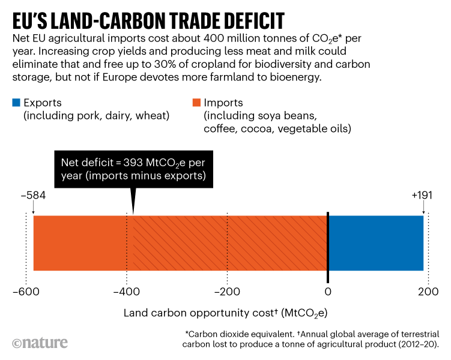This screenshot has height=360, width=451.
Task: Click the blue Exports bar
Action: pos(375,243)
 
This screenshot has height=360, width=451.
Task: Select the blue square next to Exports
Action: pos(16,103)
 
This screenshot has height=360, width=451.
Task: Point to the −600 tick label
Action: pos(26,292)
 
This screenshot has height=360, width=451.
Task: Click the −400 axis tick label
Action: pos(126,292)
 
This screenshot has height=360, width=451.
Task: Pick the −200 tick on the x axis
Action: pos(226,292)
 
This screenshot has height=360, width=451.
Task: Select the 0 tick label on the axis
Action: pos(327,292)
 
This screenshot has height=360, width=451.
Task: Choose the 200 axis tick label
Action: pos(428,292)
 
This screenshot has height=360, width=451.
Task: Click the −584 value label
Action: pos(33,196)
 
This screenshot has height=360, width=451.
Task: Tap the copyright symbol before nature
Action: pos(17,343)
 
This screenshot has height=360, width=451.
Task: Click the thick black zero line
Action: pos(327,247)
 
